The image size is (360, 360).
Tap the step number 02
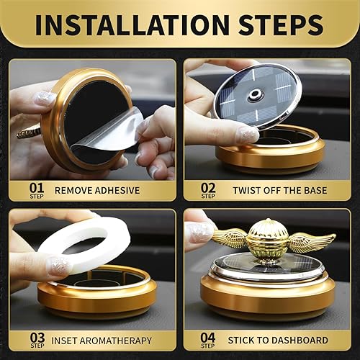[x=207, y=189]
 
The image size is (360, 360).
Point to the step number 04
[x=207, y=336]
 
